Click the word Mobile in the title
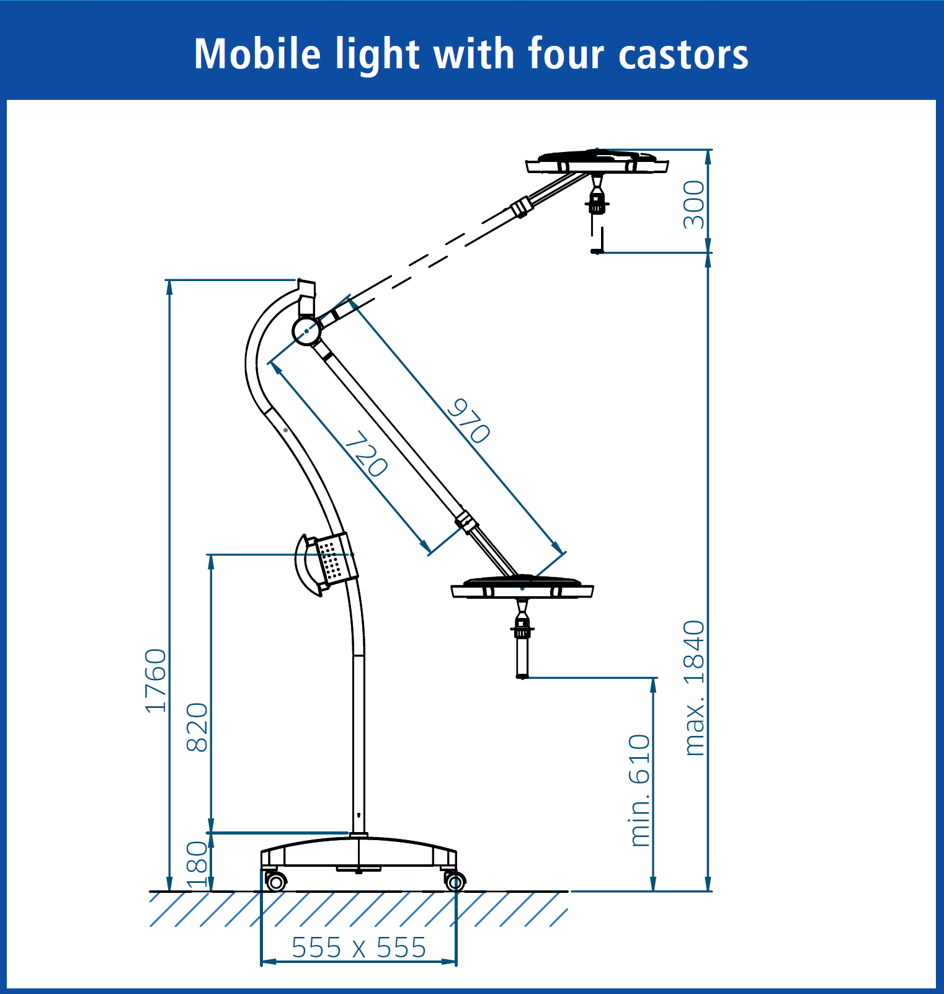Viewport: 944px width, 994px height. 257,54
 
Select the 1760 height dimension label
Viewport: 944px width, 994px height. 156,681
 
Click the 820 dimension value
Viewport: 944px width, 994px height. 197,727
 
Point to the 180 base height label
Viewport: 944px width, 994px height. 197,865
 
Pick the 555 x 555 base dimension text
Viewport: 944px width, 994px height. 358,947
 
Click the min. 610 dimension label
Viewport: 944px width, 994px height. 639,790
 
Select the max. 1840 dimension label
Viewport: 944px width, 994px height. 695,687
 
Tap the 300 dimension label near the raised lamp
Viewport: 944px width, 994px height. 694,205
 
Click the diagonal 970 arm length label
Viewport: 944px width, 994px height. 469,421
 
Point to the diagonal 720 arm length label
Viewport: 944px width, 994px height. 366,454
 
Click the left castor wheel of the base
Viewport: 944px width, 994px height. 275,881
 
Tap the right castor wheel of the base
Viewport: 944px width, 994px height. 455,881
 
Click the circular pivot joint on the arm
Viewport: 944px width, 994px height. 306,331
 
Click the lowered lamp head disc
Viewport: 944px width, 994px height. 522,587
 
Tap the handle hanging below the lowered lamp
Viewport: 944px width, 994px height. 522,645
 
